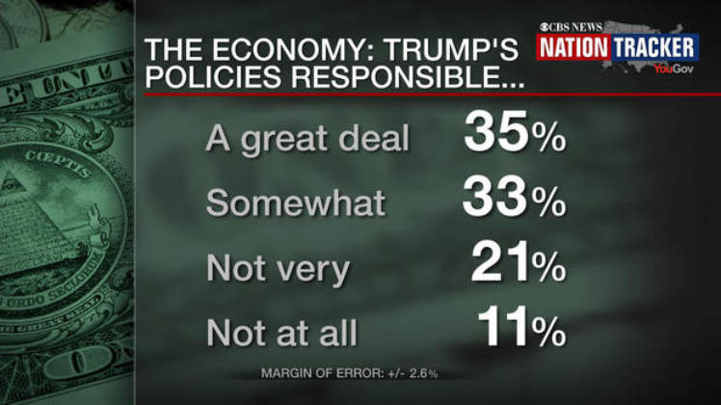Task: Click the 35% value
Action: point(514,137)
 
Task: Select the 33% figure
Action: point(513,201)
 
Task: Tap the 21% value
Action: point(518,264)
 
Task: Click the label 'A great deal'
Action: point(307,140)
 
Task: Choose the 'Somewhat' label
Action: point(296,203)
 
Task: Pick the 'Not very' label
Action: point(278,268)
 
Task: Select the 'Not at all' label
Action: point(282,333)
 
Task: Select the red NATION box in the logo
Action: point(573,47)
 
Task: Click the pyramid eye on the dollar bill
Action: point(13,186)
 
